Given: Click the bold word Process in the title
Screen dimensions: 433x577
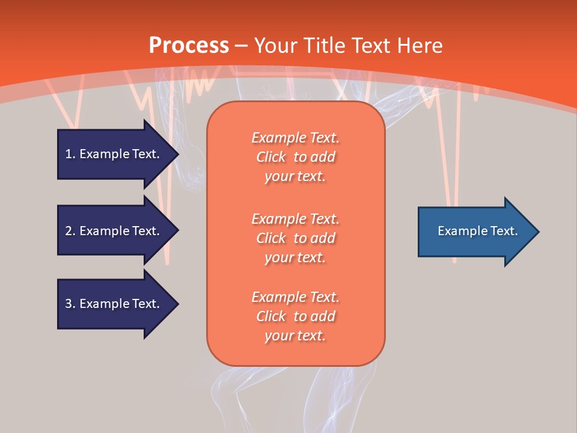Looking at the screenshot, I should pos(189,45).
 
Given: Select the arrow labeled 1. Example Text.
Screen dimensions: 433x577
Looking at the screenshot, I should pos(114,154).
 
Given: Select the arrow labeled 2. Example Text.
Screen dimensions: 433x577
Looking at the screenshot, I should pos(114,231).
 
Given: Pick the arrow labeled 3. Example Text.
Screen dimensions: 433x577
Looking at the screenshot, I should pos(114,304).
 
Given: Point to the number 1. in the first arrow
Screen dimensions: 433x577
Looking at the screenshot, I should pos(70,154).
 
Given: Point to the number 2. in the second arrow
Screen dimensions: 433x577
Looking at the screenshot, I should pos(70,231).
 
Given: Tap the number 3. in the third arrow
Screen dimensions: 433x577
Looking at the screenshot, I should pos(70,304).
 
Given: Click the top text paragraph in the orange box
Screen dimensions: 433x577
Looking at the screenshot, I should pos(296,157).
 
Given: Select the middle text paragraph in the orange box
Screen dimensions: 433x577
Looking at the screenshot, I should pos(296,238).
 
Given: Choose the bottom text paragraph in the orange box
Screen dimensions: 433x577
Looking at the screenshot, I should pos(296,316).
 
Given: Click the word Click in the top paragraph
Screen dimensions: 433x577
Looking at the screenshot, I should pos(271,157).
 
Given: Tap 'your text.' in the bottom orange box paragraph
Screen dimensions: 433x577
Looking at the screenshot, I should pos(295,336).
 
